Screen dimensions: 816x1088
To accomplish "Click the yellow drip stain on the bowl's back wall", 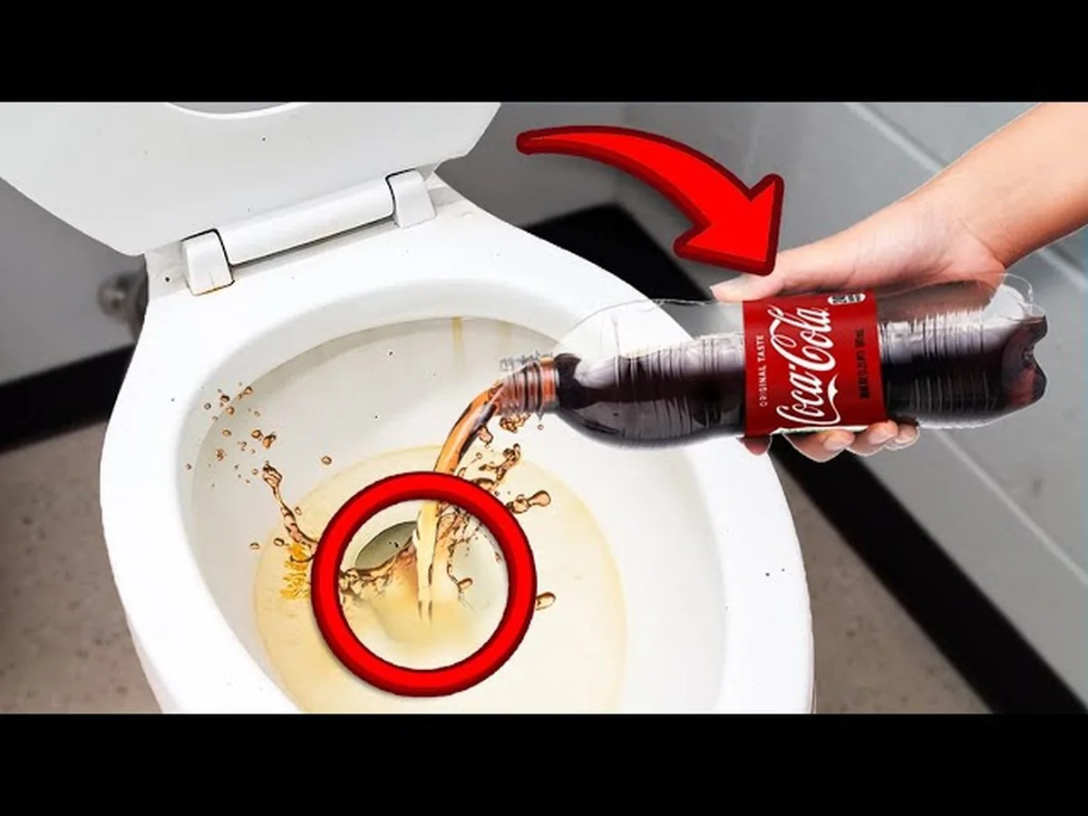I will pyautogui.click(x=457, y=340).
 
